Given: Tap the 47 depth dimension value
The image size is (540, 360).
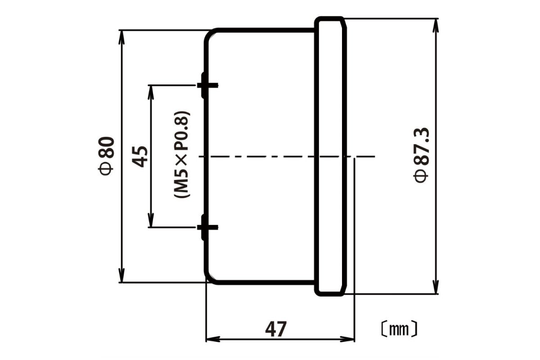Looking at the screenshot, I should tap(276, 329).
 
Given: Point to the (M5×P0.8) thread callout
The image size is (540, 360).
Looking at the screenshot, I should tap(182, 155).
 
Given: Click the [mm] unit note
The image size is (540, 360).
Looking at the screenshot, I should tap(398, 329).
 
